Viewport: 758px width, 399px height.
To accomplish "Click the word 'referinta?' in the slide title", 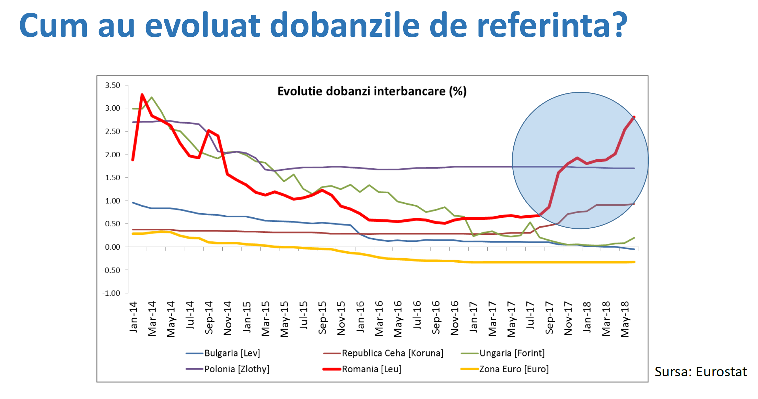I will [x=552, y=25].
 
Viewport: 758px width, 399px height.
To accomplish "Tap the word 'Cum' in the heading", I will [x=54, y=25].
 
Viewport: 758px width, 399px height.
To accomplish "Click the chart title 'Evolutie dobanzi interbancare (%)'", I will [x=372, y=91].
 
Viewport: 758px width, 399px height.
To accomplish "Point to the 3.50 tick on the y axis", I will [x=113, y=85].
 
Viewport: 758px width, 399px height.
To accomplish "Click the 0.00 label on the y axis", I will [x=113, y=247].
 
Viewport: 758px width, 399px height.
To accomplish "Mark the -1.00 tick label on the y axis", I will [x=111, y=293].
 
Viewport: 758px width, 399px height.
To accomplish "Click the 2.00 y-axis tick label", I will [x=113, y=155].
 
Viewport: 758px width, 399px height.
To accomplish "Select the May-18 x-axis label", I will [x=625, y=319].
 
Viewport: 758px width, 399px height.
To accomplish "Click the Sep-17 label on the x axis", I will [x=549, y=318].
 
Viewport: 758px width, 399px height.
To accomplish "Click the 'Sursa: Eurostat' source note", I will [x=700, y=372].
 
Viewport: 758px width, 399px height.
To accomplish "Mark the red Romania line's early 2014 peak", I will [x=142, y=94].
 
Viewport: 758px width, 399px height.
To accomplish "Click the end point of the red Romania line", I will [x=634, y=117].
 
